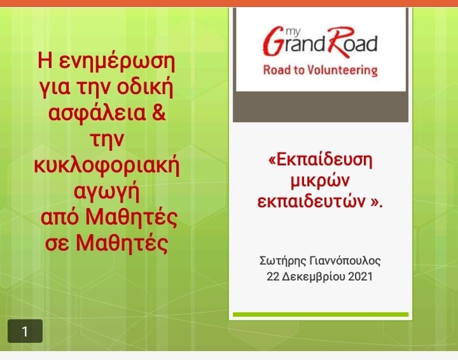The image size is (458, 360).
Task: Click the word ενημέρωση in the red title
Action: click(x=117, y=61)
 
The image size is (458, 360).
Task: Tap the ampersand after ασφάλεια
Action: click(x=159, y=113)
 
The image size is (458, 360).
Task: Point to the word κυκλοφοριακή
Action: click(x=107, y=166)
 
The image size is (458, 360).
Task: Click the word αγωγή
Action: click(x=107, y=192)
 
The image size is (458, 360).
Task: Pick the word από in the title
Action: click(x=60, y=218)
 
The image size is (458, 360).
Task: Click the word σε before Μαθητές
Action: click(x=57, y=244)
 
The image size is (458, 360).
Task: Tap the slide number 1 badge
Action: click(x=25, y=331)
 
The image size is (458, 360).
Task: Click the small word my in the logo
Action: click(x=293, y=31)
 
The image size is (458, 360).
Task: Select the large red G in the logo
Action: click(x=273, y=41)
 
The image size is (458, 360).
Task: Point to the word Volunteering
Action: click(x=342, y=71)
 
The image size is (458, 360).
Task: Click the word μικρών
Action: click(x=320, y=181)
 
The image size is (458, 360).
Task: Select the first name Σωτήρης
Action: click(x=282, y=261)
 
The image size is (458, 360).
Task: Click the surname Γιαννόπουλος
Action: click(x=345, y=261)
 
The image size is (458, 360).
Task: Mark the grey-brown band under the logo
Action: click(x=321, y=107)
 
